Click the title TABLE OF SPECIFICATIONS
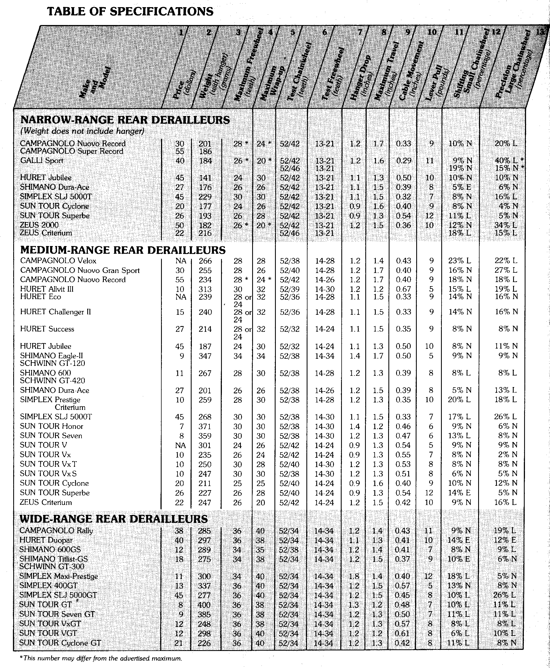tap(130, 12)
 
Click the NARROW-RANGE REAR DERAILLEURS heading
tap(125, 120)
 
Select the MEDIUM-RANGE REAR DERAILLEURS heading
tap(123, 250)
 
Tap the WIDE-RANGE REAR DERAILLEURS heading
tap(114, 519)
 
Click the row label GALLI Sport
tap(42, 161)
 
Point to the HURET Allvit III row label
tap(47, 289)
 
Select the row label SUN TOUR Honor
tap(51, 426)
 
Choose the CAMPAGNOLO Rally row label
tap(56, 531)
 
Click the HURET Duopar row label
tap(46, 540)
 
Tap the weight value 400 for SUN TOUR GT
tap(204, 605)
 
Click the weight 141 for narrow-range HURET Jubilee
tap(205, 178)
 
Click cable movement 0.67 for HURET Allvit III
tap(403, 289)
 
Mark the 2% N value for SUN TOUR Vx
tap(508, 455)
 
